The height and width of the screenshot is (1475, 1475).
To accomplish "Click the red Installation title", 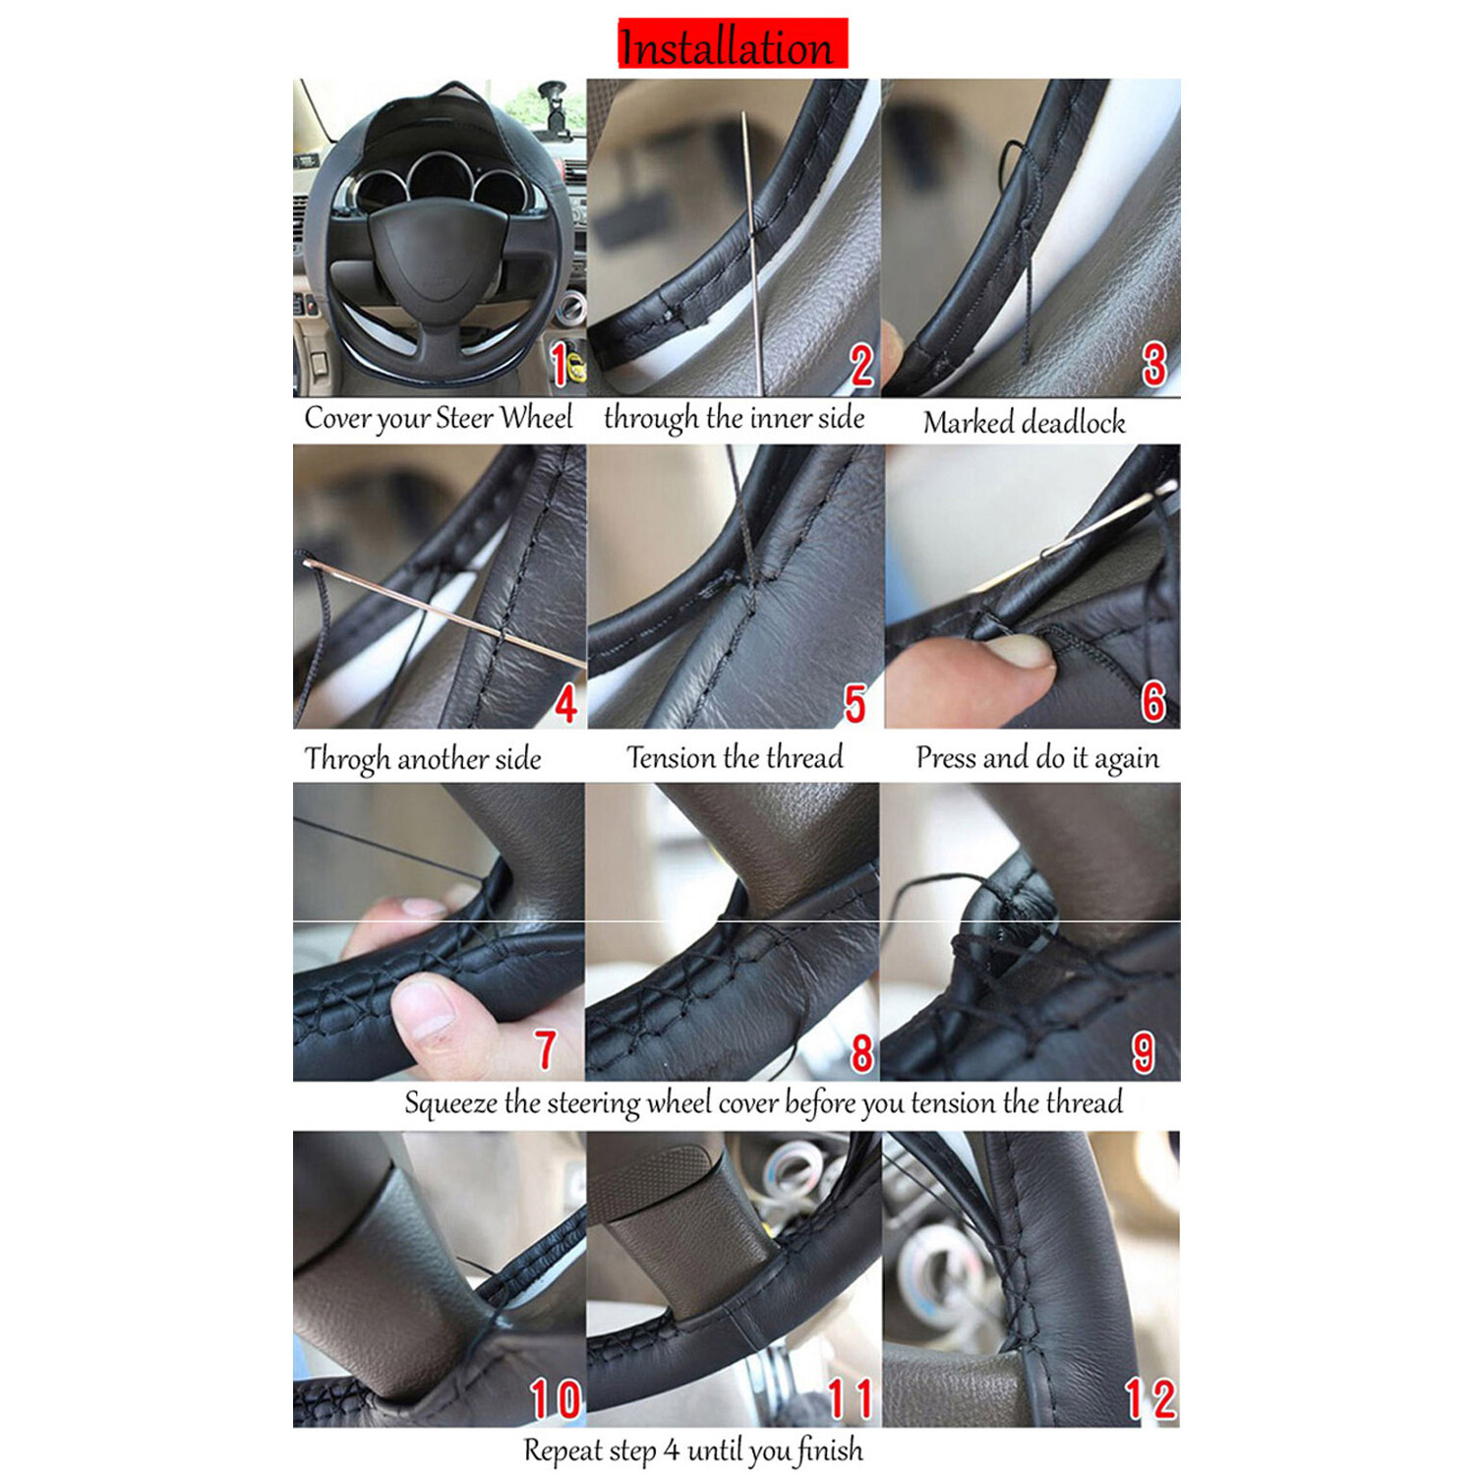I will pos(731,45).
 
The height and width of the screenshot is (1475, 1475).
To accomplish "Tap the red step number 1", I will pos(559,365).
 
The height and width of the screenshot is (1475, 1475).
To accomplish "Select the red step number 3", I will pos(1153,364).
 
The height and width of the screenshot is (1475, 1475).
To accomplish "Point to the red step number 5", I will pos(855,704).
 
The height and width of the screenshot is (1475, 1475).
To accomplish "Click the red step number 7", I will pos(546,1049).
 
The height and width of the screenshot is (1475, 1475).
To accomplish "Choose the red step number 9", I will pos(1143,1052).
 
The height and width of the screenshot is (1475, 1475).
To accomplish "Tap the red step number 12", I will pos(1150,1398).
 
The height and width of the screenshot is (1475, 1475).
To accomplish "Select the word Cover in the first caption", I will pos(337,418).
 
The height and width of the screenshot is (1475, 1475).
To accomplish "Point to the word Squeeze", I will pos(450,1103).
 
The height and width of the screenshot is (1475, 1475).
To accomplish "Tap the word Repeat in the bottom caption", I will pos(562,1450).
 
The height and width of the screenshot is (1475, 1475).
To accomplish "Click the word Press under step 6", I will pos(946,757).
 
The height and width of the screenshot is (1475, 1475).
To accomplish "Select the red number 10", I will pos(556,1398).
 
